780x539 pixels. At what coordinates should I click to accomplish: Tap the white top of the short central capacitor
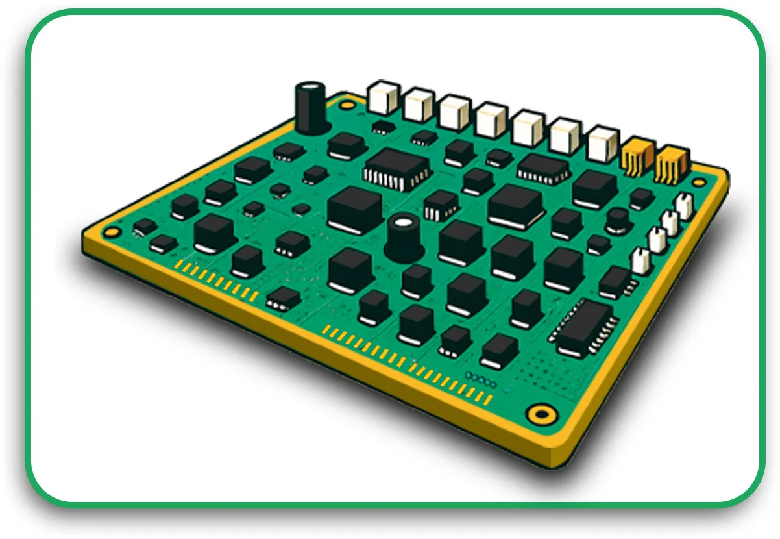[x=403, y=223]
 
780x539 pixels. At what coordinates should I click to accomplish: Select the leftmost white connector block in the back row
[x=383, y=98]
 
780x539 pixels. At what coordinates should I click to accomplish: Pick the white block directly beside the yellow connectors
[x=602, y=144]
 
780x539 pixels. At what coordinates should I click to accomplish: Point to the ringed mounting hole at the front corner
[x=540, y=413]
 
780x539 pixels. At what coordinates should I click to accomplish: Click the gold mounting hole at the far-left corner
[x=112, y=232]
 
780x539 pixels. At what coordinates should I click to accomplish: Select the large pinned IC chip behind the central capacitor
[x=396, y=168]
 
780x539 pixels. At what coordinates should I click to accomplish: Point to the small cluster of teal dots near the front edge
[x=480, y=378]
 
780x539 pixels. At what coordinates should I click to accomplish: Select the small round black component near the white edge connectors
[x=617, y=220]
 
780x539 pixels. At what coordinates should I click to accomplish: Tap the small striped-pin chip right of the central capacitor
[x=441, y=205]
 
